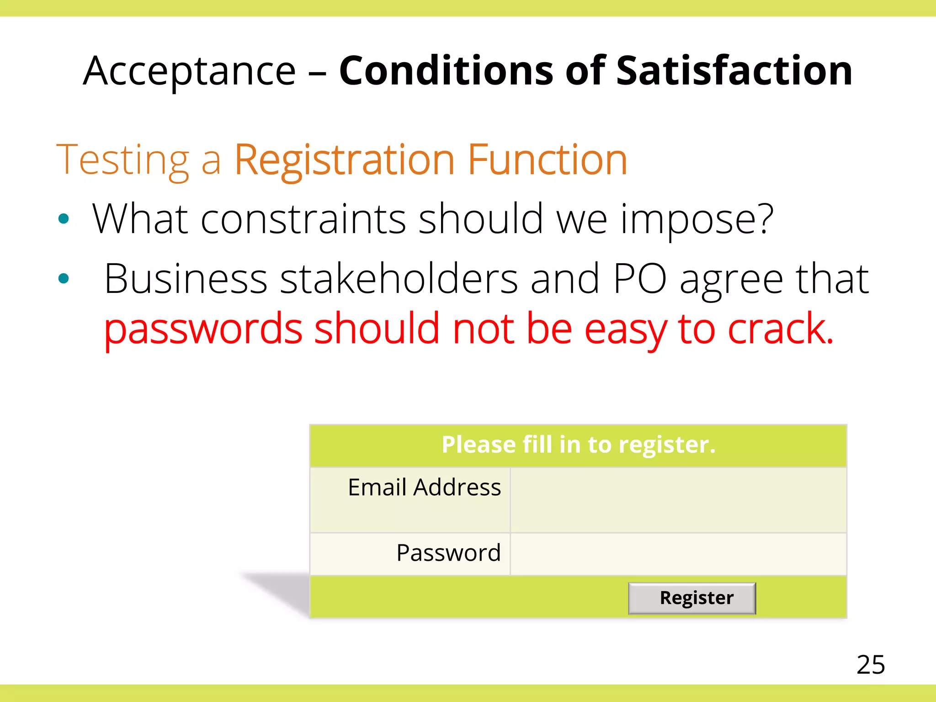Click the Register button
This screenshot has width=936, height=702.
point(691,598)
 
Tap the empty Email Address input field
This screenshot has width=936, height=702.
point(678,500)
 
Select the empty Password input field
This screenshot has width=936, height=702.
point(678,553)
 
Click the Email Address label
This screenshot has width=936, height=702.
point(424,487)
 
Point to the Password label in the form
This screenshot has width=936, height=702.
point(448,553)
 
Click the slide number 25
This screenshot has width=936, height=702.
point(870,665)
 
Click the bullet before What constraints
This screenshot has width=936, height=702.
point(64,219)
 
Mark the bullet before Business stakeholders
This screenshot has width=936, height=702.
point(64,278)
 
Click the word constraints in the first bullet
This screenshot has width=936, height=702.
point(303,219)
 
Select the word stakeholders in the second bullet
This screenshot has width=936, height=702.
point(399,279)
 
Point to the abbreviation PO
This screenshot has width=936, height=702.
point(640,279)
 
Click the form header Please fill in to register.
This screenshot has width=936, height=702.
point(578,445)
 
